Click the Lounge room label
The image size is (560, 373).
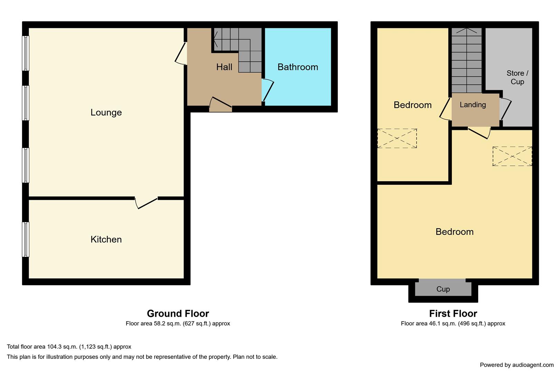click(x=106, y=113)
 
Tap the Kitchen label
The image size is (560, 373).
click(x=106, y=239)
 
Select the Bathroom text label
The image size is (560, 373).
click(x=298, y=67)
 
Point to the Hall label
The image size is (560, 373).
click(x=224, y=67)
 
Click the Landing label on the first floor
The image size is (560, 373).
click(x=473, y=105)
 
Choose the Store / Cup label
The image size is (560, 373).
click(x=517, y=77)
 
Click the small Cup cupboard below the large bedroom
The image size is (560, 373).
click(x=443, y=289)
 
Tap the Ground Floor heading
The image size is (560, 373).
click(x=178, y=314)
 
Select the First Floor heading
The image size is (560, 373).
click(x=453, y=314)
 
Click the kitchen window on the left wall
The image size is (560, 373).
click(x=26, y=239)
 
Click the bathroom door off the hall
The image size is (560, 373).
click(x=267, y=90)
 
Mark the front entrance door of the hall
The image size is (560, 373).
click(x=221, y=104)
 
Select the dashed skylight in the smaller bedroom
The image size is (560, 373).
click(x=397, y=138)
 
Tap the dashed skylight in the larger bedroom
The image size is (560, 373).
click(x=512, y=156)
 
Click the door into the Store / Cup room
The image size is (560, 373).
click(x=505, y=109)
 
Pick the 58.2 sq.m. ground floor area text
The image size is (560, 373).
click(x=178, y=324)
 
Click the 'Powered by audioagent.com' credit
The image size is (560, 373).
click(x=517, y=365)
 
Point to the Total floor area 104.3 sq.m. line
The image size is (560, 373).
click(x=69, y=347)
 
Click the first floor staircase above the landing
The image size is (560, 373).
click(x=467, y=60)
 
